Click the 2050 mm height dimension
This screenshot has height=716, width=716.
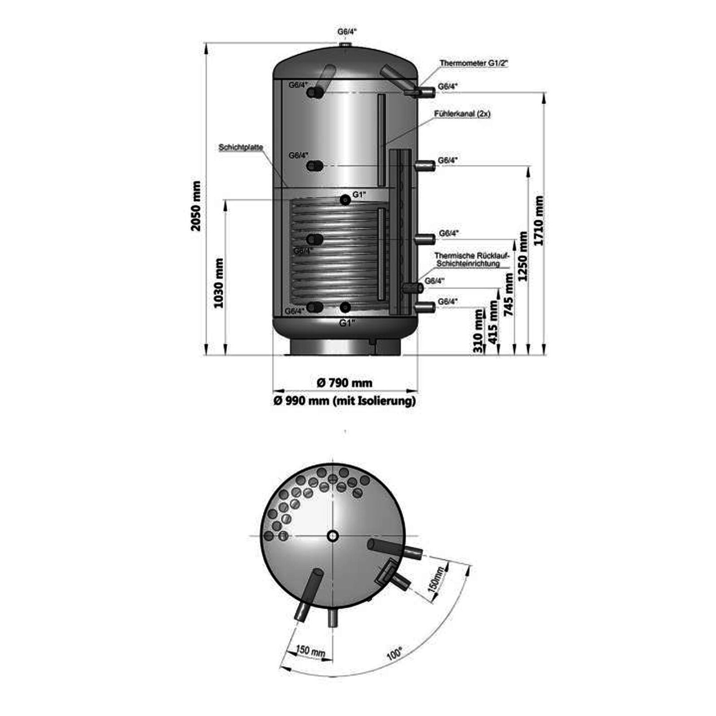click(x=196, y=206)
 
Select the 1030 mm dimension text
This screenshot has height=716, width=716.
click(x=219, y=283)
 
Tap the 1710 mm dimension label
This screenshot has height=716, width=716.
click(x=539, y=221)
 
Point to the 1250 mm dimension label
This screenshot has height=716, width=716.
click(x=522, y=256)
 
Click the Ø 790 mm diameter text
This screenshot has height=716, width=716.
click(x=345, y=383)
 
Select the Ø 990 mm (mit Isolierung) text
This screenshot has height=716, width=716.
click(x=345, y=401)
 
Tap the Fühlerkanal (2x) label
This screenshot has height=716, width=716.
click(x=462, y=114)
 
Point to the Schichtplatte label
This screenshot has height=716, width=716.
click(x=241, y=147)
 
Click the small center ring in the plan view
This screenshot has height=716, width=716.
click(x=332, y=535)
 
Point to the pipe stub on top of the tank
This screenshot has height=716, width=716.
click(x=345, y=46)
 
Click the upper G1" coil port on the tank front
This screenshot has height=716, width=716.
click(x=345, y=200)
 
